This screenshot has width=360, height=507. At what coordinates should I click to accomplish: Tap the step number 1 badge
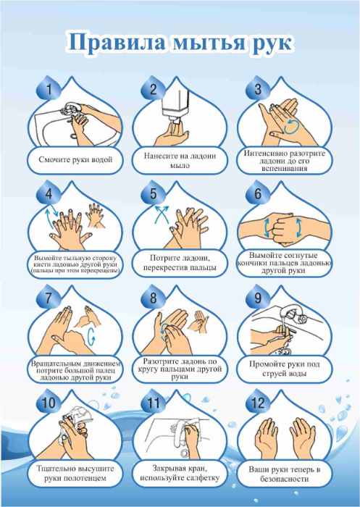point(49,88)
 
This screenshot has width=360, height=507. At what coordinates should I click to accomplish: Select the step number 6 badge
point(258,193)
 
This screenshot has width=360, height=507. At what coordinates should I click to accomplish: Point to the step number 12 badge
point(258,403)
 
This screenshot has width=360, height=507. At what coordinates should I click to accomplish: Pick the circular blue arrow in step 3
point(292,126)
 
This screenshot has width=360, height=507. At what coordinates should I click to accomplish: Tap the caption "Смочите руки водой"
point(75,159)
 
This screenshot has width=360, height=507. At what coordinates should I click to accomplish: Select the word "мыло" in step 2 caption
point(180,166)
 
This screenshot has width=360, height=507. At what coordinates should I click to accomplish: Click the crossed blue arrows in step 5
point(162,214)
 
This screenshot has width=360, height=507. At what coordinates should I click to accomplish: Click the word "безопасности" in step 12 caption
point(285,479)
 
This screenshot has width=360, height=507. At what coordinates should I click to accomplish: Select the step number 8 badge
point(153,298)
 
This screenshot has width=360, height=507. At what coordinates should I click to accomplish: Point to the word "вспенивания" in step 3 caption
point(285,169)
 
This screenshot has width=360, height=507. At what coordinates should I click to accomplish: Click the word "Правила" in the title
point(117,41)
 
